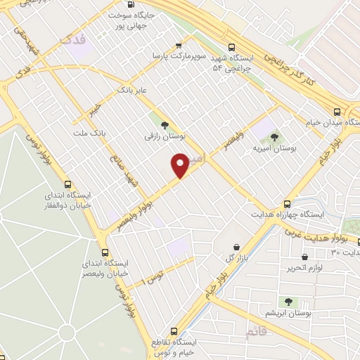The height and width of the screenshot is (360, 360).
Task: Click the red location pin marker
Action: click(x=180, y=165)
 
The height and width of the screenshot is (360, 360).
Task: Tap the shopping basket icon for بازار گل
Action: click(x=236, y=247)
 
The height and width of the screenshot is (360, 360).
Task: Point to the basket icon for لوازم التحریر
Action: click(x=304, y=257)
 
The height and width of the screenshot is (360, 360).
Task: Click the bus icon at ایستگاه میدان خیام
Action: click(x=337, y=112)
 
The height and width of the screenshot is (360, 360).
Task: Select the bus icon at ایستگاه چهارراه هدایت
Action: click(x=285, y=203)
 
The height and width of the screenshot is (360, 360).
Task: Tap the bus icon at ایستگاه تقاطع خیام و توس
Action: click(x=174, y=330)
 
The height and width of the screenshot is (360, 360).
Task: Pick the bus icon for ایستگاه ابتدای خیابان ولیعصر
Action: click(x=105, y=252)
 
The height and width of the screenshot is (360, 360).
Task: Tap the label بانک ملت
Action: click(x=89, y=132)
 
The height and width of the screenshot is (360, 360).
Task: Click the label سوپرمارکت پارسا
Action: click(x=181, y=55)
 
